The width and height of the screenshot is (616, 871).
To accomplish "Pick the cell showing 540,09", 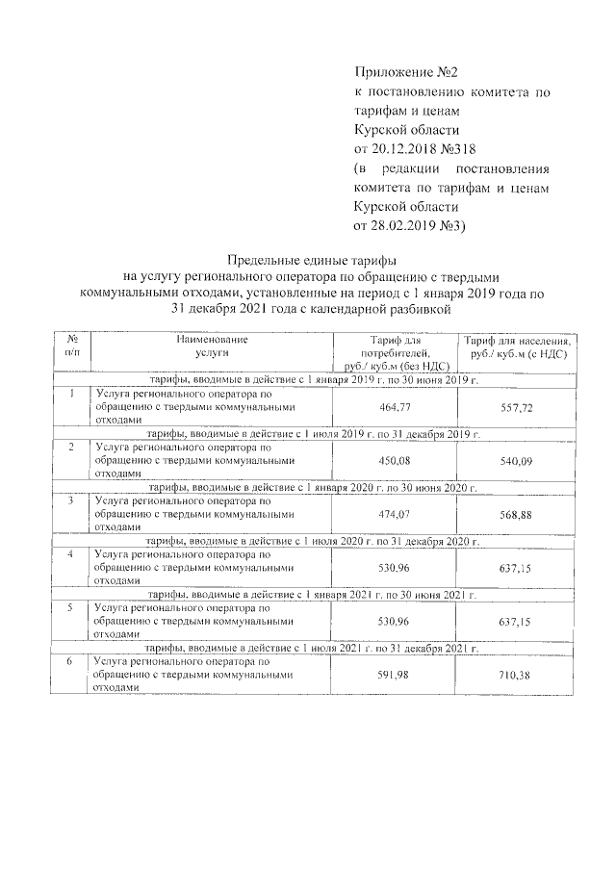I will click(517, 462).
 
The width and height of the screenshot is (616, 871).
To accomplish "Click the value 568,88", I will click(517, 515).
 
